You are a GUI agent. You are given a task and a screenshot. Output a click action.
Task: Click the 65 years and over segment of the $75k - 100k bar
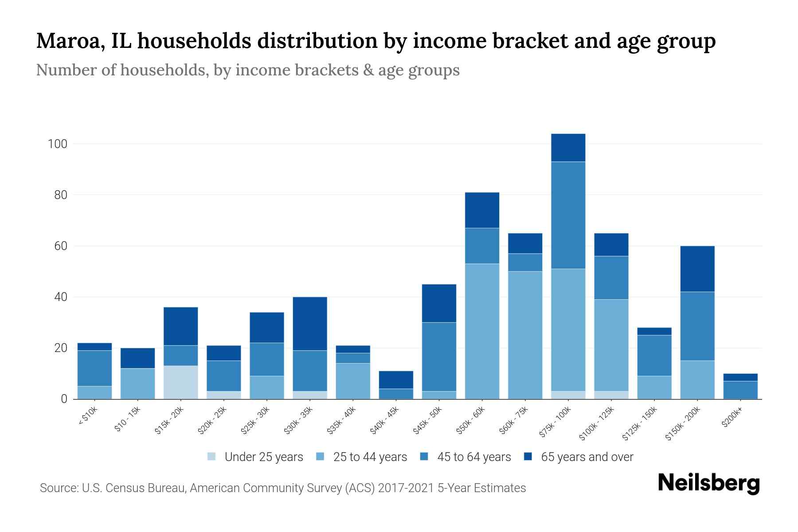pos(568,148)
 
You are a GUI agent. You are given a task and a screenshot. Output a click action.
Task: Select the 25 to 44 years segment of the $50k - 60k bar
pos(482,331)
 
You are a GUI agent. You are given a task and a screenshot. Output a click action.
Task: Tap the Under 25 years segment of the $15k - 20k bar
pos(180,382)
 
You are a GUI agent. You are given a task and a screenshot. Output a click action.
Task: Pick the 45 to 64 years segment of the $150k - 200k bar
pos(697,326)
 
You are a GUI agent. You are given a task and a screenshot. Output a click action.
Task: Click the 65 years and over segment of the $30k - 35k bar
pos(310,324)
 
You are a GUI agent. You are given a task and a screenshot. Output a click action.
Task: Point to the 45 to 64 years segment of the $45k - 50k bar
pos(439,357)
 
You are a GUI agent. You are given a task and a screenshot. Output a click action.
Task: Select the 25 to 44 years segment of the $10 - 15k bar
pos(137,383)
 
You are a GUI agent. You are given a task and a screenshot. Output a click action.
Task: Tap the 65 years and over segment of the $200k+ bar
pos(740,377)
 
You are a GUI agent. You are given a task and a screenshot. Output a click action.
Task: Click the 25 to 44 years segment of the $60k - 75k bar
pos(525,335)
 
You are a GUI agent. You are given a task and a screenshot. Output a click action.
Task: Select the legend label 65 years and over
pos(587,457)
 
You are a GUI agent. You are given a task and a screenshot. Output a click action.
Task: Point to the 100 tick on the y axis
pos(57,144)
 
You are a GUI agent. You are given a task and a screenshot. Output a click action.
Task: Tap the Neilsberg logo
pos(708,483)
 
